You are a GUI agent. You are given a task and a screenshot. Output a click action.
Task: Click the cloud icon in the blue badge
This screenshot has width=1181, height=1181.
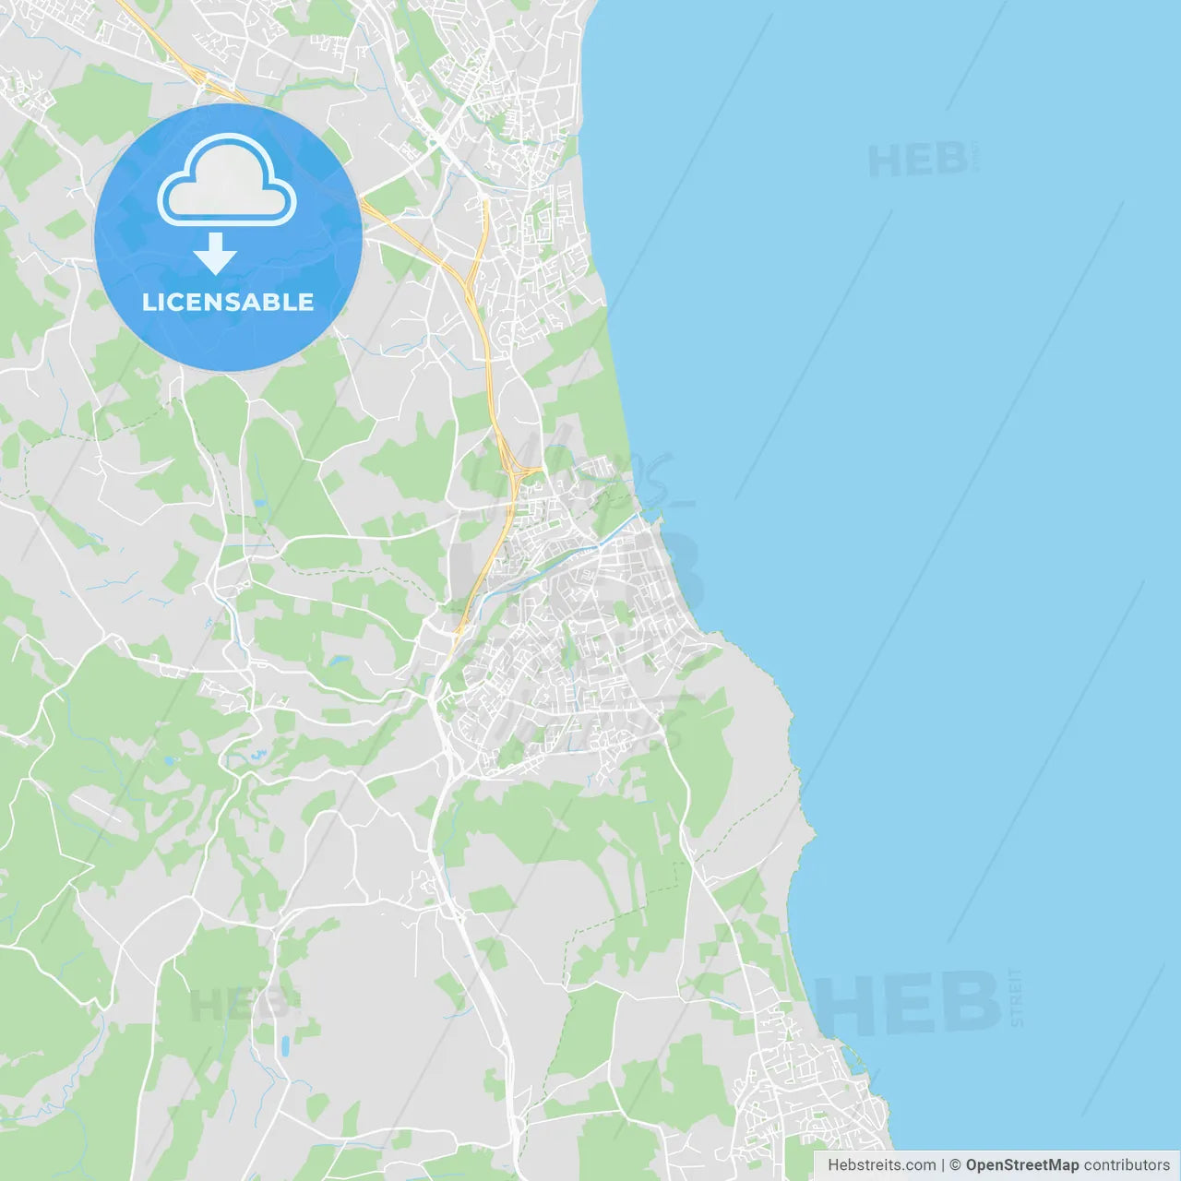click(227, 181)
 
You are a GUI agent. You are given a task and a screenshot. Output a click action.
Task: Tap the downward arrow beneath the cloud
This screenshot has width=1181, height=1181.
click(215, 254)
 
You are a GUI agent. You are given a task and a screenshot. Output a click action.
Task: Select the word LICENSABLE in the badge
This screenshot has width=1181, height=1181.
click(228, 302)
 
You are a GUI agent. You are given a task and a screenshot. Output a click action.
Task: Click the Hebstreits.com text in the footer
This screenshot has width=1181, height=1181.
click(881, 1165)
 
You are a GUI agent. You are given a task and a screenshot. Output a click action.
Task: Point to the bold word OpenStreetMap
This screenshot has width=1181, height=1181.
click(1021, 1165)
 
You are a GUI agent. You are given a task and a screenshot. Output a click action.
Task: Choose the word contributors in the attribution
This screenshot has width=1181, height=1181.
click(1127, 1165)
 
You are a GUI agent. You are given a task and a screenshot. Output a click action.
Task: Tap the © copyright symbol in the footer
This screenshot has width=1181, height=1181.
click(955, 1165)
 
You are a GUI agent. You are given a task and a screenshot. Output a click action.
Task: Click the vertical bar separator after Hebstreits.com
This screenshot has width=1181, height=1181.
click(943, 1165)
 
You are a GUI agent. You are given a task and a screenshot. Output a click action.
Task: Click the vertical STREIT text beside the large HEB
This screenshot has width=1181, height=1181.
click(1016, 997)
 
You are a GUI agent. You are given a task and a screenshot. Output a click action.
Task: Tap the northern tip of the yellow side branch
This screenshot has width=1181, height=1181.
click(484, 198)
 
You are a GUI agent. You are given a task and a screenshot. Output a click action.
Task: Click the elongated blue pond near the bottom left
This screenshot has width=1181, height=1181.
click(285, 1045)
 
